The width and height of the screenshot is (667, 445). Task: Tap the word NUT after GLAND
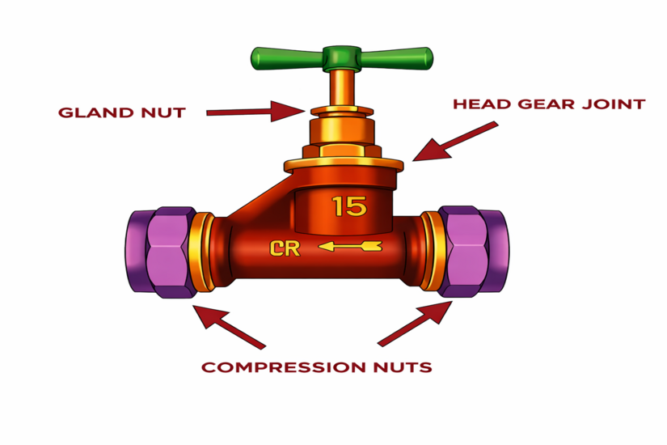click(164, 112)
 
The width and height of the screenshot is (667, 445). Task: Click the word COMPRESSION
click(283, 367)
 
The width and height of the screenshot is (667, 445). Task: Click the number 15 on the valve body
click(349, 206)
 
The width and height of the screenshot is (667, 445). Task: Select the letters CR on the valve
click(285, 248)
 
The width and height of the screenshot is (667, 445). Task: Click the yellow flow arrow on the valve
click(350, 246)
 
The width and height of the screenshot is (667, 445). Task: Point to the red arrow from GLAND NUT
click(256, 112)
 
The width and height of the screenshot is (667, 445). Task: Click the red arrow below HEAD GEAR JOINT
click(454, 142)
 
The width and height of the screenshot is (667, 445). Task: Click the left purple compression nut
click(161, 252)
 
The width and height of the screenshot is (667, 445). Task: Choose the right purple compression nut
click(474, 252)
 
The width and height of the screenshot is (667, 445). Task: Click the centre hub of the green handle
click(341, 58)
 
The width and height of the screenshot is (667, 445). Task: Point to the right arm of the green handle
click(397, 58)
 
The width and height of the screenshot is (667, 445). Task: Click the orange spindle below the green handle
click(342, 87)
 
